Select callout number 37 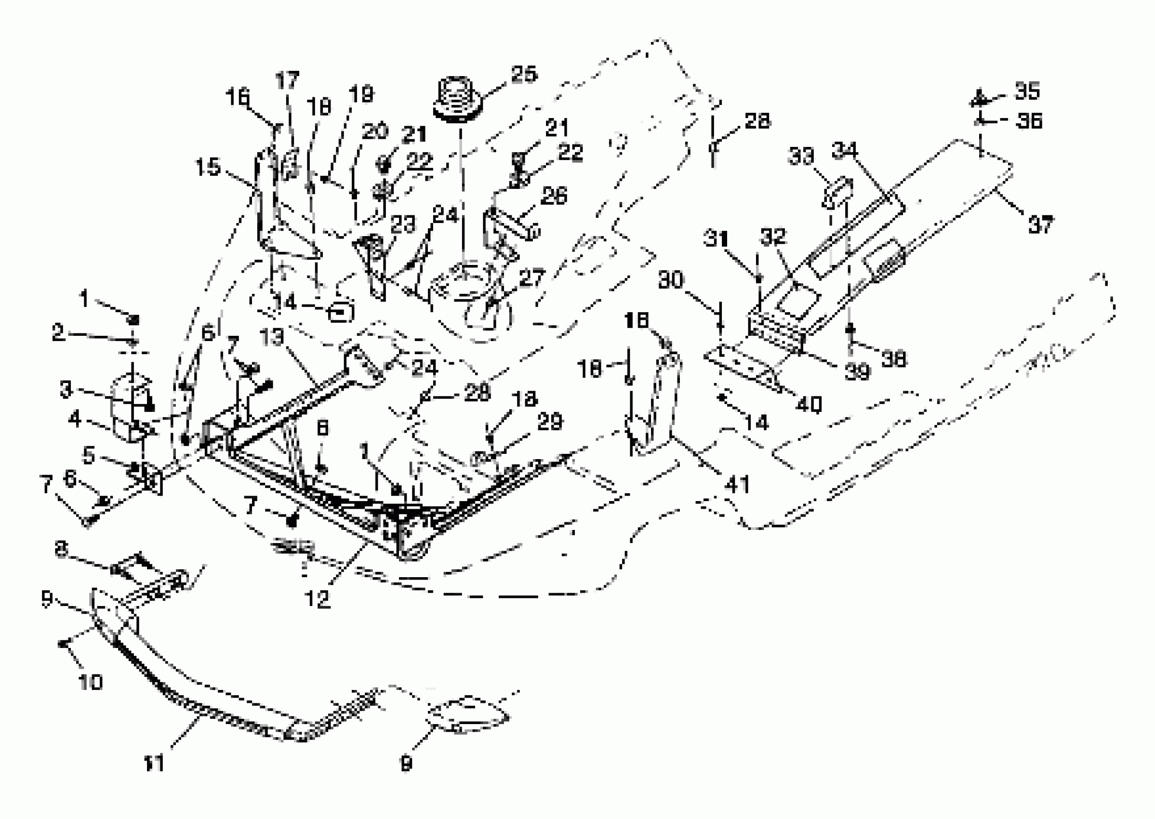point(1040,225)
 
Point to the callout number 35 point(1027,91)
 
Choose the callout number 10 point(91,682)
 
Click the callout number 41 point(737,484)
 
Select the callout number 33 point(801,157)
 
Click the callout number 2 point(58,332)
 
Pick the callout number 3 point(66,389)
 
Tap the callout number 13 point(273,337)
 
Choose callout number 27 point(531,278)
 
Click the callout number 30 point(671,280)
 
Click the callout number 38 point(894,358)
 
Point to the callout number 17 point(288,80)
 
